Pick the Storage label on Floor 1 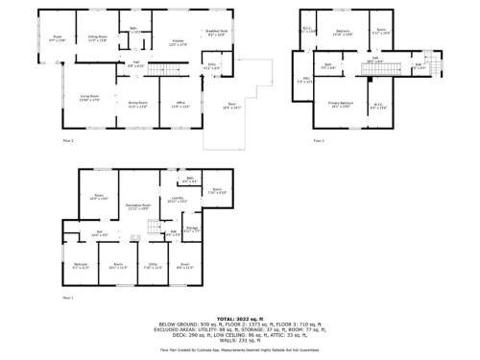(x=191, y=228)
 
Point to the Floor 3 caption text (x=318, y=140)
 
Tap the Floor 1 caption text (x=68, y=298)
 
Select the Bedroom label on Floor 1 (x=82, y=266)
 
